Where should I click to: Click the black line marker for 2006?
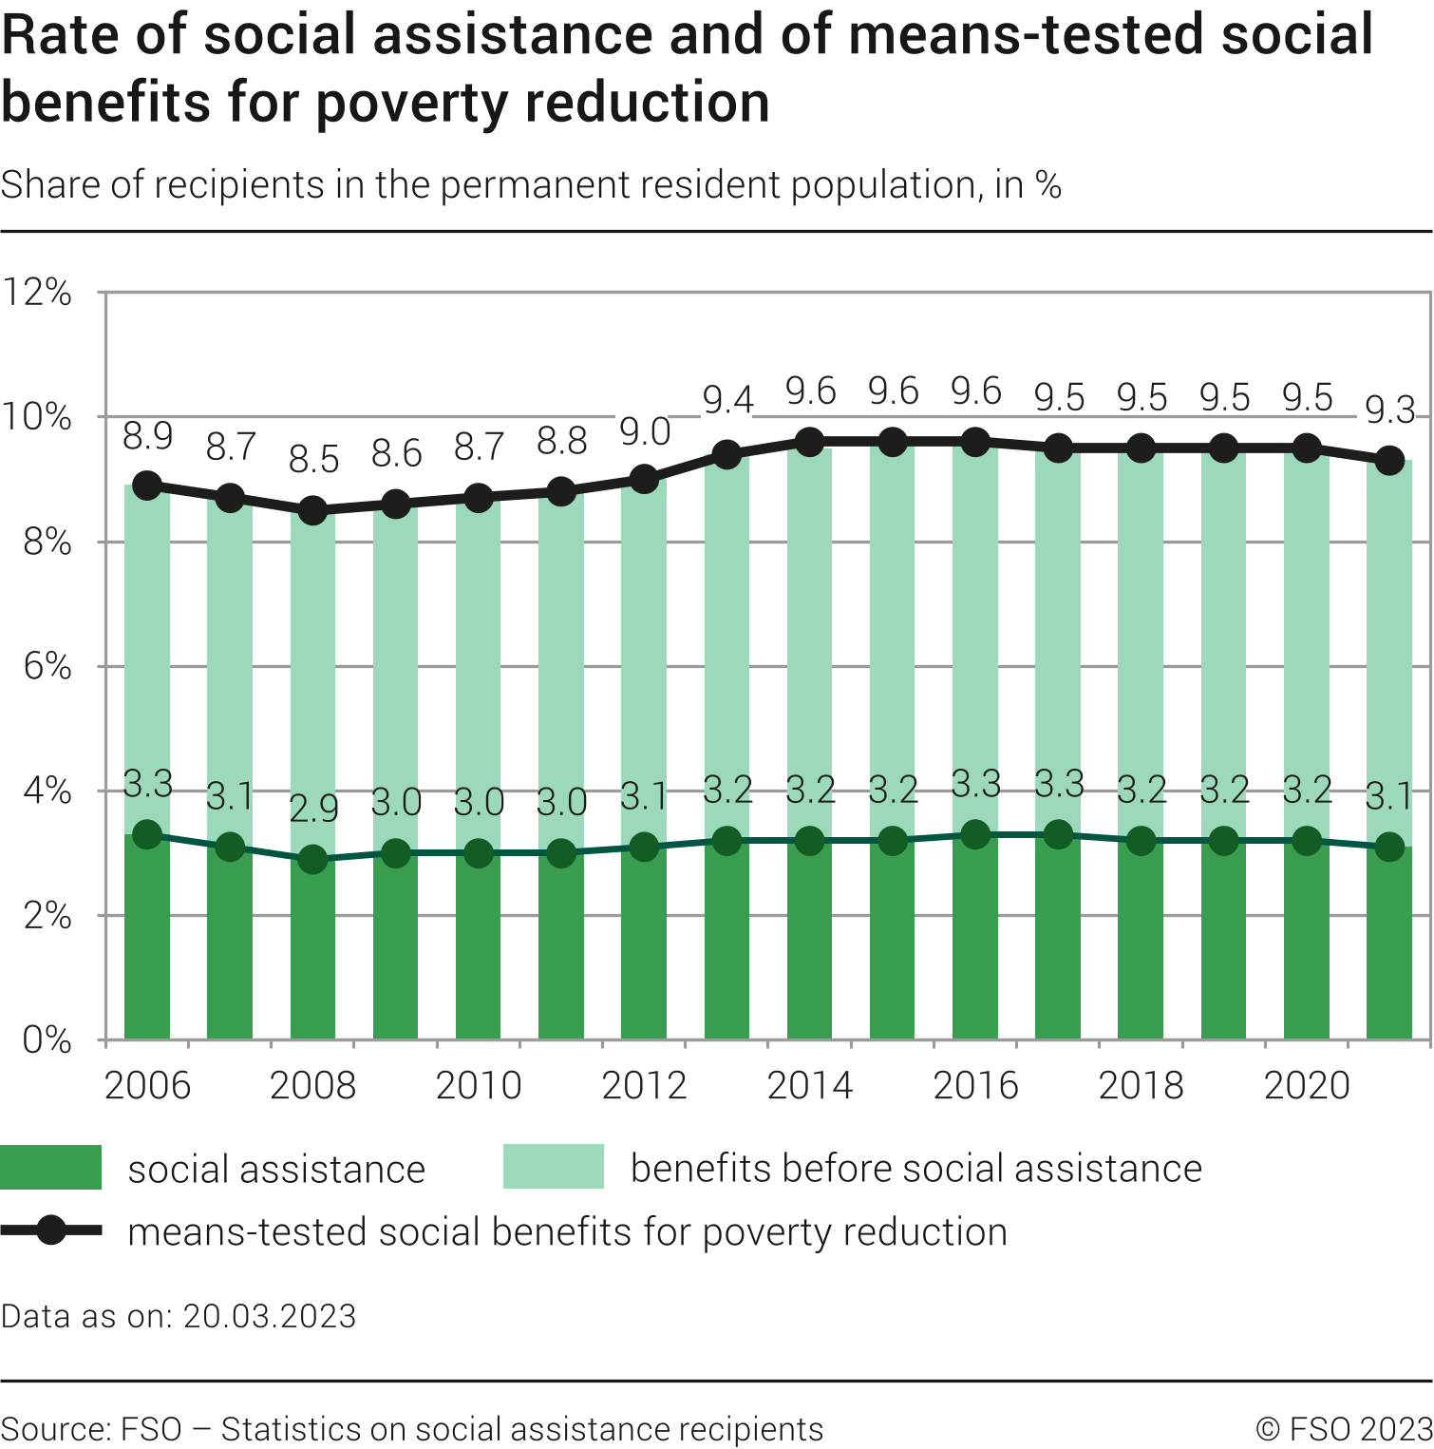coord(147,486)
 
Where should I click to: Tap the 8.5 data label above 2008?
coord(313,459)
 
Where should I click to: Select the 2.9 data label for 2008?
coord(313,809)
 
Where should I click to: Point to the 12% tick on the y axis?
coord(37,293)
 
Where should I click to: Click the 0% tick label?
coord(47,1040)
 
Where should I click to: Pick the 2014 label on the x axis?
coord(810,1085)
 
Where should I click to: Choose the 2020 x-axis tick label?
coord(1307,1085)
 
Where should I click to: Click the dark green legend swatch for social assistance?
coord(50,1168)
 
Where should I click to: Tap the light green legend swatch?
coord(553,1167)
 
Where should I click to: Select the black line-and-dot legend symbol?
coord(51,1230)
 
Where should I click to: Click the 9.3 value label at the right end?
coord(1390,410)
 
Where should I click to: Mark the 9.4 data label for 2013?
coord(727,400)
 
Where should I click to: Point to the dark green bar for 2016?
coord(975,941)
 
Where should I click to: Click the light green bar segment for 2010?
coord(479,665)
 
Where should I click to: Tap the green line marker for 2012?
coord(645,847)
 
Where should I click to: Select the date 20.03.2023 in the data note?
coord(270,1316)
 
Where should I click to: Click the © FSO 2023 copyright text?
coord(1344,1429)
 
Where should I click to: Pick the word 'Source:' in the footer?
coord(55,1429)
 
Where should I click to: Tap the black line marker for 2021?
coord(1390,461)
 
